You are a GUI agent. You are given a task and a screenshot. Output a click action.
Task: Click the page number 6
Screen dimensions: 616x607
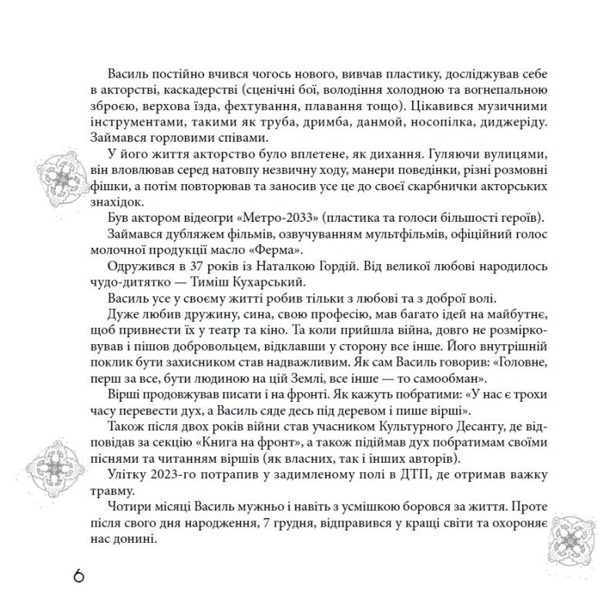point(80,577)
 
